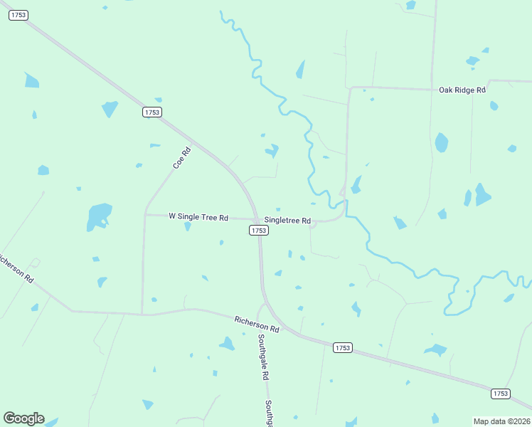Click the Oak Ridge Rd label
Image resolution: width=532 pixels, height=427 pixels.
pyautogui.click(x=462, y=90)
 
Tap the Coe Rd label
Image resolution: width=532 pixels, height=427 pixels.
pyautogui.click(x=182, y=158)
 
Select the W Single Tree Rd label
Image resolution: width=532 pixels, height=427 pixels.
pyautogui.click(x=198, y=217)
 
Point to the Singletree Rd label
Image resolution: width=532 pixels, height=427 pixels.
pyautogui.click(x=287, y=221)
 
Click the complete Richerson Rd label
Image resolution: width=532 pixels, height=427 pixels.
pyautogui.click(x=257, y=325)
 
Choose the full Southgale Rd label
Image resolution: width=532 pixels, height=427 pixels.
pyautogui.click(x=262, y=357)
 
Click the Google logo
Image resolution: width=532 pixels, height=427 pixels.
pyautogui.click(x=23, y=418)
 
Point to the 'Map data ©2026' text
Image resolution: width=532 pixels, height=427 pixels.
pyautogui.click(x=502, y=421)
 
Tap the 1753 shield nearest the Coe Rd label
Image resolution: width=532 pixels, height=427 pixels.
pyautogui.click(x=152, y=112)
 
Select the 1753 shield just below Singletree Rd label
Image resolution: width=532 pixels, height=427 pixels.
pyautogui.click(x=259, y=231)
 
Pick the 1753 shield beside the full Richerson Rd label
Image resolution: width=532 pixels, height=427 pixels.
pyautogui.click(x=342, y=347)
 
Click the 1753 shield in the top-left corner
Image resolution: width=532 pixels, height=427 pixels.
pyautogui.click(x=18, y=16)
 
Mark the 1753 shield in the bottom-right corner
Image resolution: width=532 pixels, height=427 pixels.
pyautogui.click(x=501, y=394)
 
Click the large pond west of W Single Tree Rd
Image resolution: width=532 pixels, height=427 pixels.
pyautogui.click(x=98, y=215)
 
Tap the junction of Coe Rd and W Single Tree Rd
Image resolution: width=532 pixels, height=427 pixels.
pyautogui.click(x=145, y=214)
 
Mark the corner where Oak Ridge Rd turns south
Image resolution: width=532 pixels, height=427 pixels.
pyautogui.click(x=350, y=88)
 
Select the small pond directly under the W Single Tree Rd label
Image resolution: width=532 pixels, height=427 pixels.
pyautogui.click(x=188, y=227)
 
